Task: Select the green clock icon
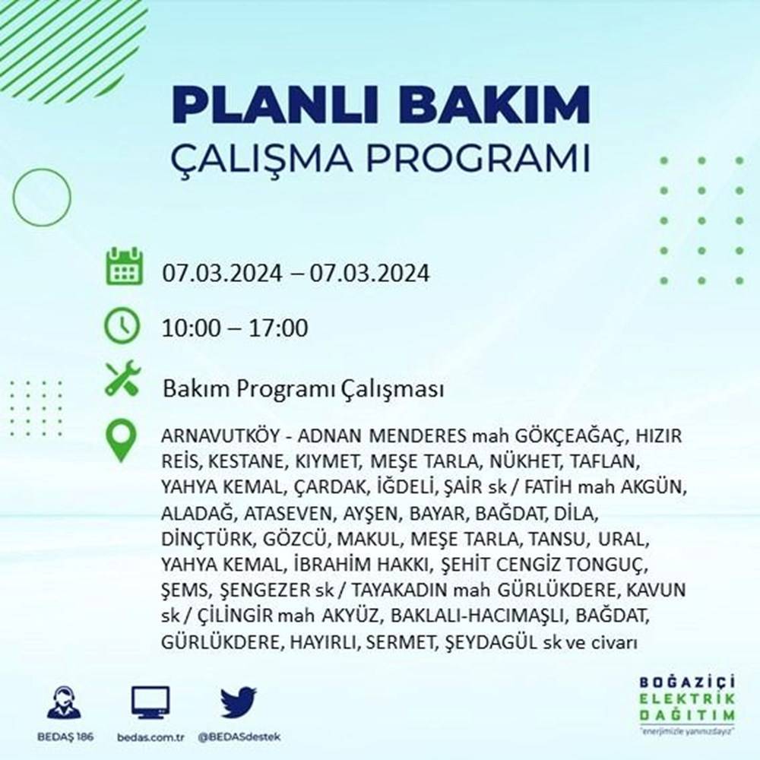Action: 123,326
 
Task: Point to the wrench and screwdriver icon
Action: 123,378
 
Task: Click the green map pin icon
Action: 122,440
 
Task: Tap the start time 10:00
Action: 189,329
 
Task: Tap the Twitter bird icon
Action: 239,703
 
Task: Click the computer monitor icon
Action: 150,703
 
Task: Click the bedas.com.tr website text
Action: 150,738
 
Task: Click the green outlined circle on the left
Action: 42,198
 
